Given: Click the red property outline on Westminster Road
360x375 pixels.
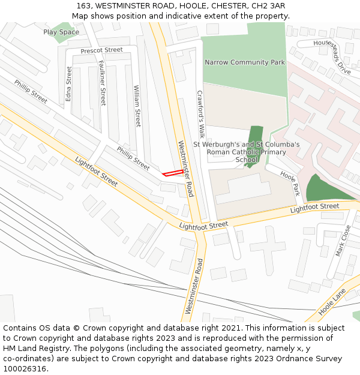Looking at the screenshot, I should tap(173, 173).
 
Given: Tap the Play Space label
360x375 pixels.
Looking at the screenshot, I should tap(61, 32).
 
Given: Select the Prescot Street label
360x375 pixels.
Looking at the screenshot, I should tap(101, 50).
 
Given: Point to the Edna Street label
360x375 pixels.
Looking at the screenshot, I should tap(69, 83).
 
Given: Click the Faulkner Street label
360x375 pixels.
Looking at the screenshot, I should tap(102, 83).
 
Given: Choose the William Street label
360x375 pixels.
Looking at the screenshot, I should tap(137, 106).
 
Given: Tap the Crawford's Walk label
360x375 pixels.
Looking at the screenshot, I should tap(201, 114).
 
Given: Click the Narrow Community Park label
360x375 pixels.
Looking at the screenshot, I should tap(245, 62).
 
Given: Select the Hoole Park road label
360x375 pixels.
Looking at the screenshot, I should tap(290, 184).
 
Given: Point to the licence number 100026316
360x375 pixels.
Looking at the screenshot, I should tap(25, 368).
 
